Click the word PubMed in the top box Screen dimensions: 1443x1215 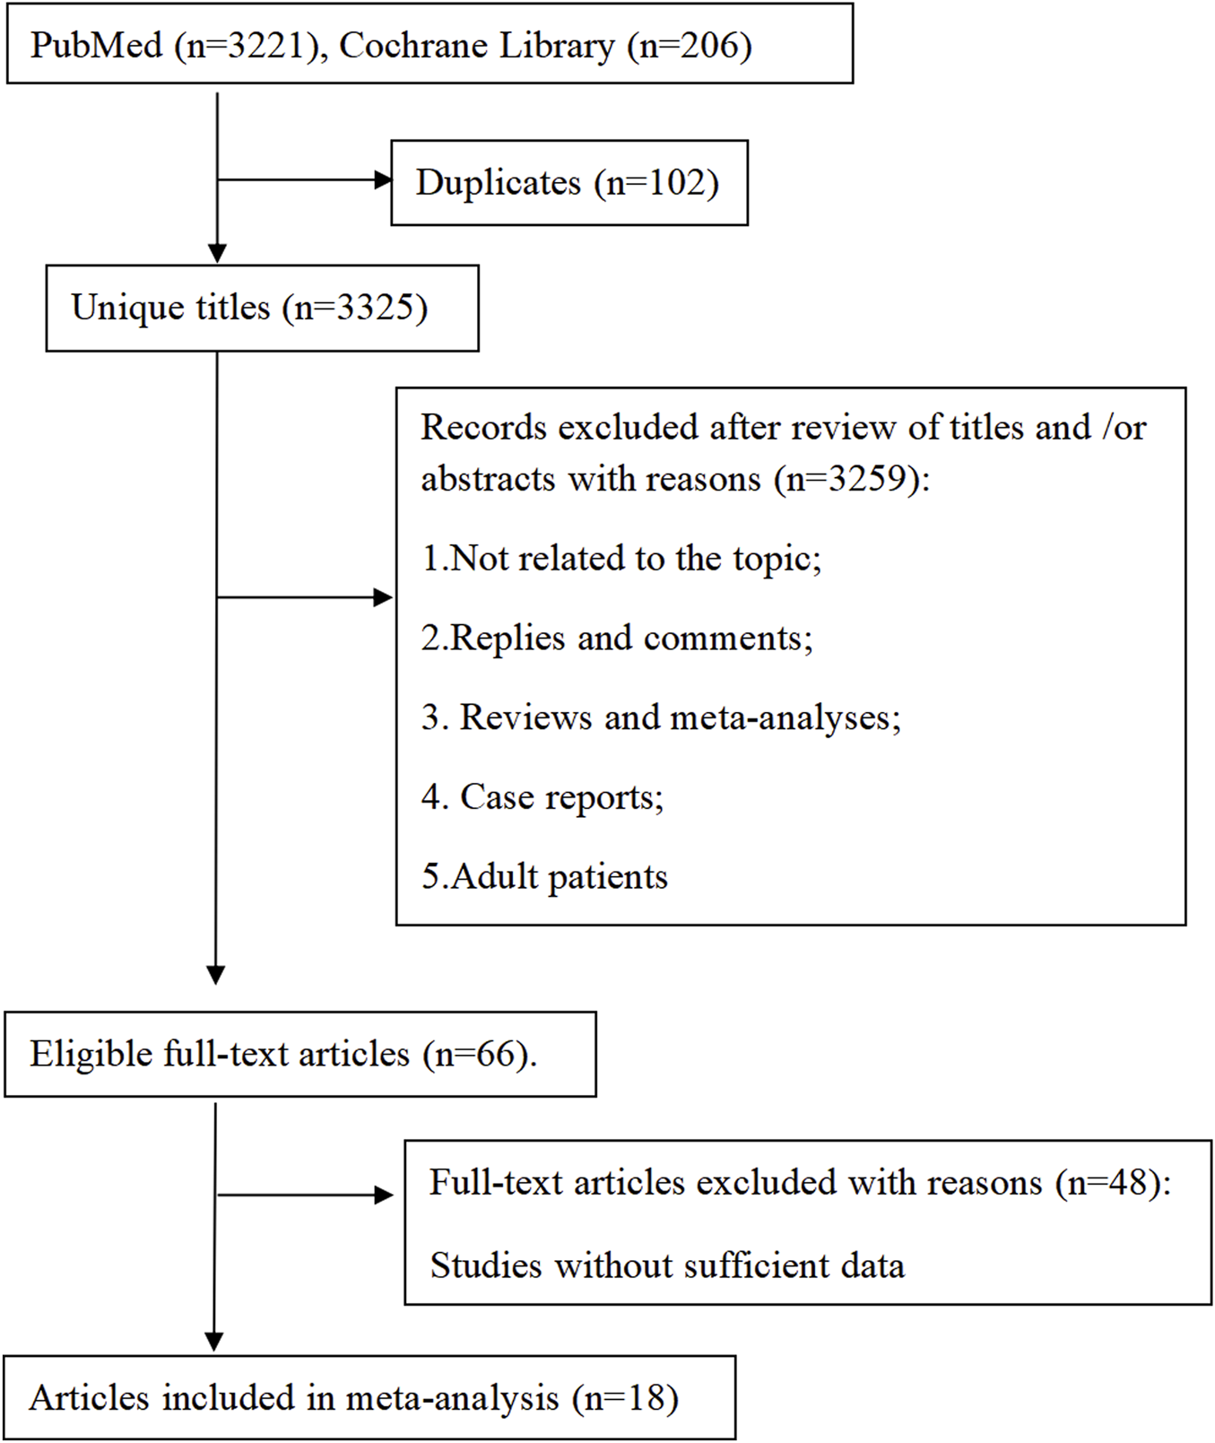point(96,46)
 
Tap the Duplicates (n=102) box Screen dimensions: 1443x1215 point(568,183)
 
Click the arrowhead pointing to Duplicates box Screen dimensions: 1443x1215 point(383,180)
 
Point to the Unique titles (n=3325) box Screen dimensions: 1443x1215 point(261,308)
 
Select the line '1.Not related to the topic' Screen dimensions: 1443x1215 point(621,559)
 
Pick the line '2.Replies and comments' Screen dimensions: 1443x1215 point(616,639)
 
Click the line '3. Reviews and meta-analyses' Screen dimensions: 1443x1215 point(660,717)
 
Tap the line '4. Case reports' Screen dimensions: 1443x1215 point(542,797)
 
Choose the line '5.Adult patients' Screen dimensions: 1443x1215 point(544,876)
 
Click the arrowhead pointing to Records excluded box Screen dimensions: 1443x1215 point(384,597)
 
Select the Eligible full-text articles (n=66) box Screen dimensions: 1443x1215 point(299,1055)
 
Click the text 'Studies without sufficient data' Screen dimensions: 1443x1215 point(667,1265)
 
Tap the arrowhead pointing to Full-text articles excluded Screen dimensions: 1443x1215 point(385,1195)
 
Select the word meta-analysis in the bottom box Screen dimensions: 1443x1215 point(452,1398)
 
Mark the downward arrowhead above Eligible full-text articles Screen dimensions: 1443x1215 point(215,974)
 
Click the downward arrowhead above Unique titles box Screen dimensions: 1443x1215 point(217,253)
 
